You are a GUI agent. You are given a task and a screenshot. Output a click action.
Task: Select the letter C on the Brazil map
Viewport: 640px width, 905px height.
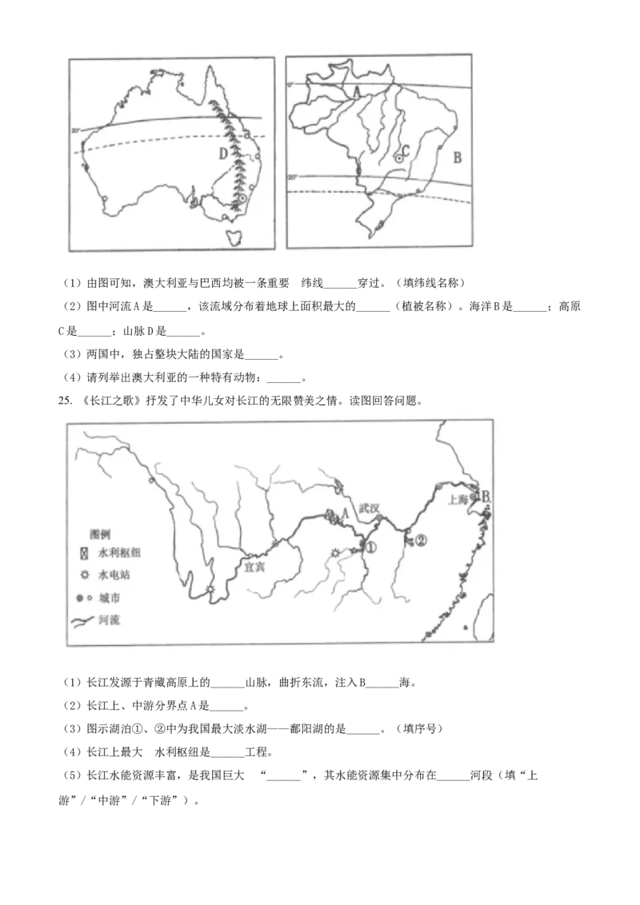point(406,150)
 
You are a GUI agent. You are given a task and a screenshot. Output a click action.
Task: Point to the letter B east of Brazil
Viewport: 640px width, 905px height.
point(457,157)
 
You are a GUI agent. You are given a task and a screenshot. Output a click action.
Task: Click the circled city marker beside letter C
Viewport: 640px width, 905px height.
point(398,158)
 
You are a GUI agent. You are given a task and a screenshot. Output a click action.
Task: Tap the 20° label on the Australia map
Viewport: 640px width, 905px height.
point(76,130)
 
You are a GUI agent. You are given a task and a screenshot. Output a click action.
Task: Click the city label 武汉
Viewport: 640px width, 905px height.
point(370,508)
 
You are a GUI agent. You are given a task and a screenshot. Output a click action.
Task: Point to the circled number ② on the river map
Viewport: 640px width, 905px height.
point(422,540)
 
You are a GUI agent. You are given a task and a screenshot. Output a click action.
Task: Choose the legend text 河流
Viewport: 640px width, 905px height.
point(110,620)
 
